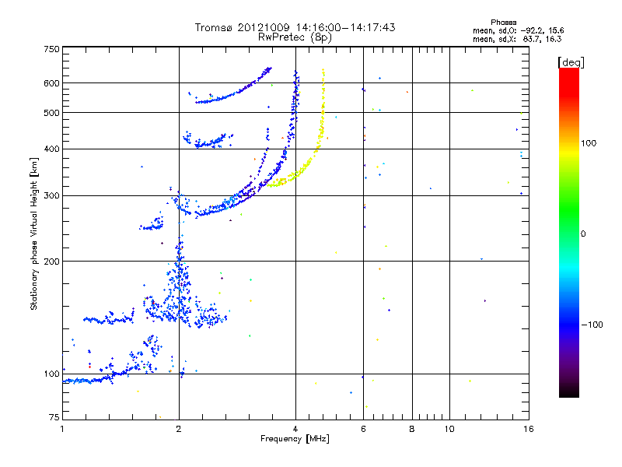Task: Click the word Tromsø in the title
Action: click(215, 27)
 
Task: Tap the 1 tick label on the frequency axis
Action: click(62, 429)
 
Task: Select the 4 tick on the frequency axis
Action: click(295, 429)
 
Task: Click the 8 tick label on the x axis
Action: click(412, 429)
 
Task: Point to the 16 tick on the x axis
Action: click(526, 429)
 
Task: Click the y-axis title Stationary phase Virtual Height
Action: click(34, 233)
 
